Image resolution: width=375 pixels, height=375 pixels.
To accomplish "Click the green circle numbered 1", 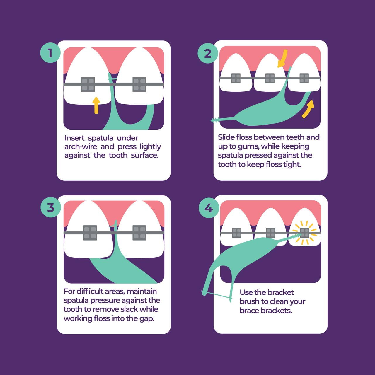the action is coord(50,53).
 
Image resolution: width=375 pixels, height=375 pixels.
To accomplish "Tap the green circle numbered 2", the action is coord(208,53).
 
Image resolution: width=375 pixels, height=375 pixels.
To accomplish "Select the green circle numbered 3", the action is coord(51,207).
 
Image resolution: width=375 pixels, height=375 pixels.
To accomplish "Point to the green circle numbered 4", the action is coord(209,208).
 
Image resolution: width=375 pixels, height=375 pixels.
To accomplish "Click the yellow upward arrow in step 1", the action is coord(96,105).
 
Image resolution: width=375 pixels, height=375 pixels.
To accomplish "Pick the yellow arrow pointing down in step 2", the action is coord(282,58).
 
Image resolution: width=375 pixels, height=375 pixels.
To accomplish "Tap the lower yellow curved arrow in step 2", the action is coord(308,109).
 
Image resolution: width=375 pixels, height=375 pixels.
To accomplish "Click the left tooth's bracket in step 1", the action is coord(88,84).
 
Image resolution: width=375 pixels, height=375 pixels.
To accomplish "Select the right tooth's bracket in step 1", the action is coord(139,84).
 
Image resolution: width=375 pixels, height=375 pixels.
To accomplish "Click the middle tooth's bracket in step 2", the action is coord(270,78).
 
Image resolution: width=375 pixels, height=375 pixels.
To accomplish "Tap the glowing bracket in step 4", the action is coord(305,233).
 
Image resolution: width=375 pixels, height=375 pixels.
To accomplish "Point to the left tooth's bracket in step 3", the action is coord(90,233).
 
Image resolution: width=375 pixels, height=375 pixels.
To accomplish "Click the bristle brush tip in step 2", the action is coord(215,120).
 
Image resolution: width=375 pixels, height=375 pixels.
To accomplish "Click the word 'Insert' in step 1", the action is coord(74,138).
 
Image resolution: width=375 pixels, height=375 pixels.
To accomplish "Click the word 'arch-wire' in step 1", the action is coord(81,146).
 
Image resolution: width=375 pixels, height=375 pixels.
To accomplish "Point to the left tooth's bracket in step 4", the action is coord(237,233).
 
